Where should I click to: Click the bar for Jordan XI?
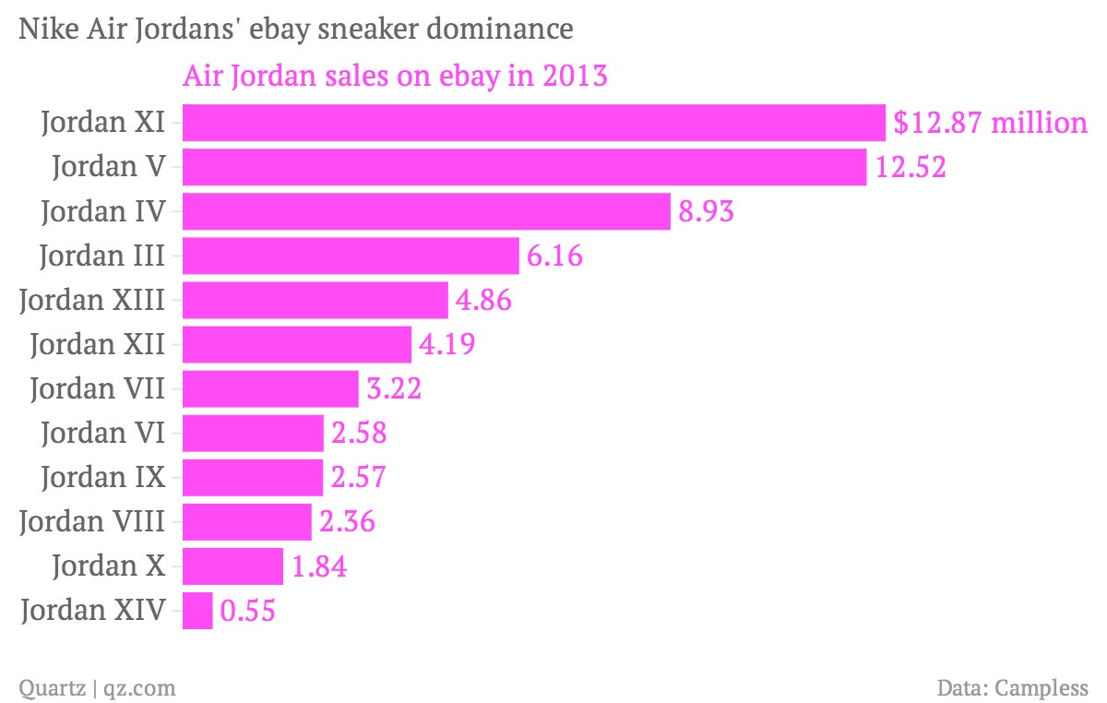(x=534, y=123)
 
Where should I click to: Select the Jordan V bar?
(x=524, y=167)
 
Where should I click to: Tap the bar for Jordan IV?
(x=426, y=211)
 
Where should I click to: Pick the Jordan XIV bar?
(x=197, y=611)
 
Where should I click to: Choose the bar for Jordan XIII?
(x=315, y=300)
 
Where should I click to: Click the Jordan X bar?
(x=232, y=566)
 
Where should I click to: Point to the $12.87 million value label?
(x=990, y=123)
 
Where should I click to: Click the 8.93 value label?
(x=706, y=212)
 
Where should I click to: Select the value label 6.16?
(x=554, y=256)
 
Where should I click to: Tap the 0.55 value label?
(x=247, y=612)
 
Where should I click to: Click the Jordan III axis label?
(x=102, y=256)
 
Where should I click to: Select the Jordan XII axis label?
(x=98, y=344)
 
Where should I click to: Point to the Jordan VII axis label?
(x=98, y=388)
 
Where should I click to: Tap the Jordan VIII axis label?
(x=92, y=522)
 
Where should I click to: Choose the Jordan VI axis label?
(x=103, y=433)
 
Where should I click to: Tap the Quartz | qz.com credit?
(x=97, y=687)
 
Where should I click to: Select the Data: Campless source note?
(x=1012, y=687)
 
